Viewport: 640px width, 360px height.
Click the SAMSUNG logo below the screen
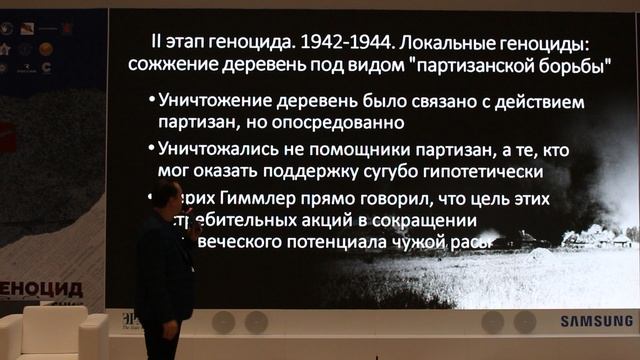[x=596, y=321]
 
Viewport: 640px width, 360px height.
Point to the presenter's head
[x=168, y=196]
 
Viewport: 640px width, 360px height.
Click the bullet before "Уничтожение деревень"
[x=150, y=102]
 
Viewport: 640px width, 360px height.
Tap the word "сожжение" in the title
[x=170, y=65]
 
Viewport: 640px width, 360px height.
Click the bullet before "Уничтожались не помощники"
[x=150, y=149]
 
